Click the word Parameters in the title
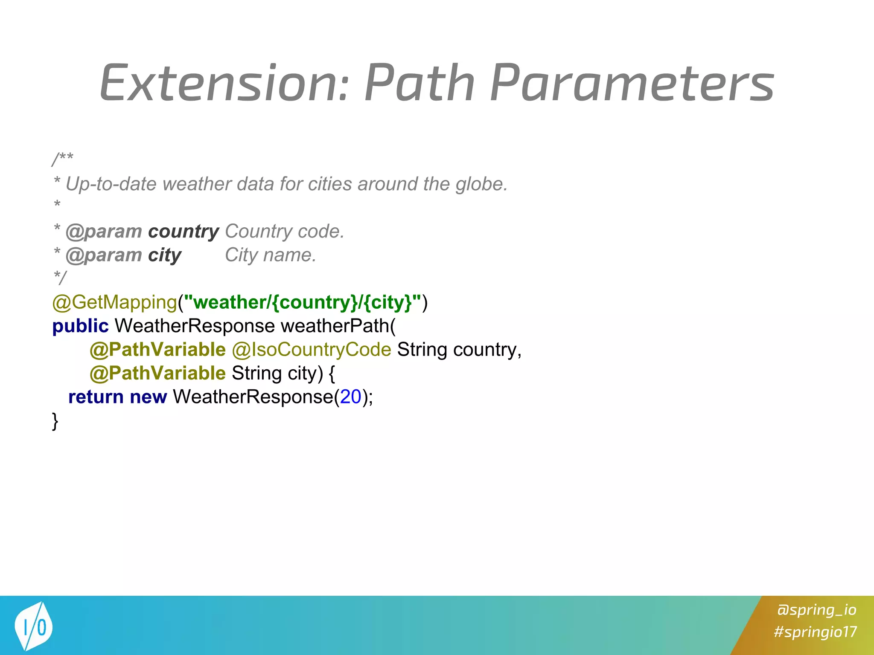(x=632, y=83)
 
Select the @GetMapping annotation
(x=114, y=302)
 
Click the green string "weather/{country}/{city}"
(x=302, y=302)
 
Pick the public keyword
(x=80, y=326)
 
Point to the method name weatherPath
(x=335, y=326)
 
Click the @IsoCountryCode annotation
(x=312, y=350)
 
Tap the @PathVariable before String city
(x=157, y=374)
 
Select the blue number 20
(x=351, y=397)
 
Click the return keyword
(x=96, y=397)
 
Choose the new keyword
(x=148, y=397)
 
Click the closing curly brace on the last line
(x=55, y=421)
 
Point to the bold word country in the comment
(x=184, y=232)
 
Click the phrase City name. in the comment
(x=271, y=255)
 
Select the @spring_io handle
(x=816, y=610)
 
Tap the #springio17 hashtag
(x=815, y=632)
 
